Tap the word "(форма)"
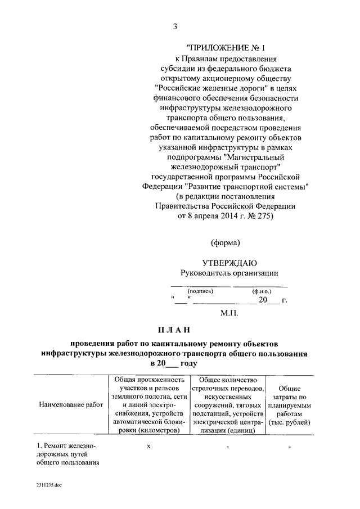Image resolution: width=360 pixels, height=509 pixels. [x=226, y=243]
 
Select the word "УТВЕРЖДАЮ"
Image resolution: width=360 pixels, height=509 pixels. [x=229, y=263]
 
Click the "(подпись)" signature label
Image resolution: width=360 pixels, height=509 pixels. [x=200, y=292]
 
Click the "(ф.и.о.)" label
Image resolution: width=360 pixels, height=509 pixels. [x=262, y=292]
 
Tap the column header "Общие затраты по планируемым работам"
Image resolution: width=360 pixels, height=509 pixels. [x=289, y=404]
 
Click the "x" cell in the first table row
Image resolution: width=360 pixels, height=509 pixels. [x=149, y=445]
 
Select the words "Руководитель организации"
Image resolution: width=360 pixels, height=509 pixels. [x=229, y=273]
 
